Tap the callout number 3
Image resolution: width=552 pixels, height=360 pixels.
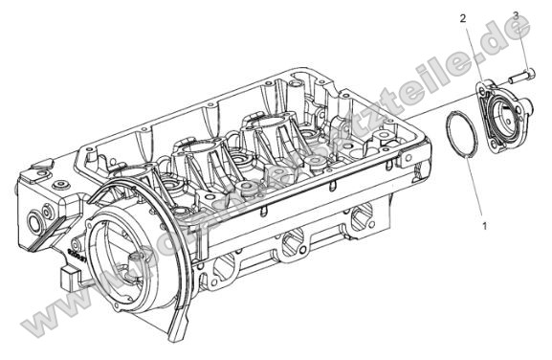516,15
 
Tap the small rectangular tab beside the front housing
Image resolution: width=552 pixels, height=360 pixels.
67,280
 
